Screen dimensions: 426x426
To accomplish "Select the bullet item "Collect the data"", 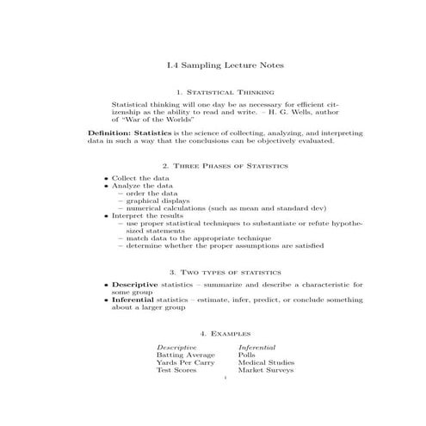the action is point(141,177).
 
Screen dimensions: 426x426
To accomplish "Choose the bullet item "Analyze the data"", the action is point(142,185).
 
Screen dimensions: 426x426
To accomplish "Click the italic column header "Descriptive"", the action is point(176,346).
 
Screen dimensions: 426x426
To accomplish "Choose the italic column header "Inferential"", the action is point(257,346).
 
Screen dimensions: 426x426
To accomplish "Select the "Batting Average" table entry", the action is point(185,354).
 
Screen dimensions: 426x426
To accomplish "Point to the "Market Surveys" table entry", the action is point(266,370).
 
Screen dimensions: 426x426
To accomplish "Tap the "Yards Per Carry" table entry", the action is point(185,362).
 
